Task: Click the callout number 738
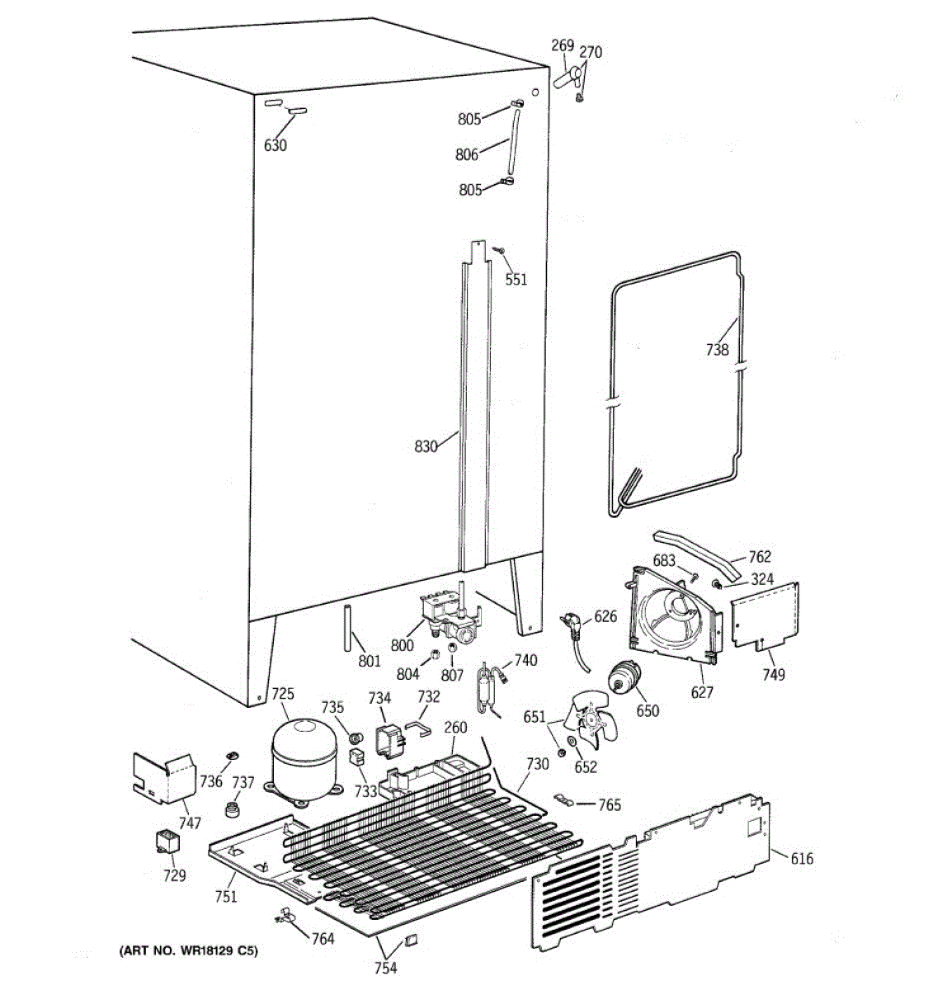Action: coord(717,349)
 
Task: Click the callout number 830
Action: coord(426,447)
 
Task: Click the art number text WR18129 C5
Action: coord(188,951)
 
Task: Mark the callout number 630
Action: coord(275,145)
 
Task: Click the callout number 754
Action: coord(385,968)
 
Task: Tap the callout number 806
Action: coord(466,153)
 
